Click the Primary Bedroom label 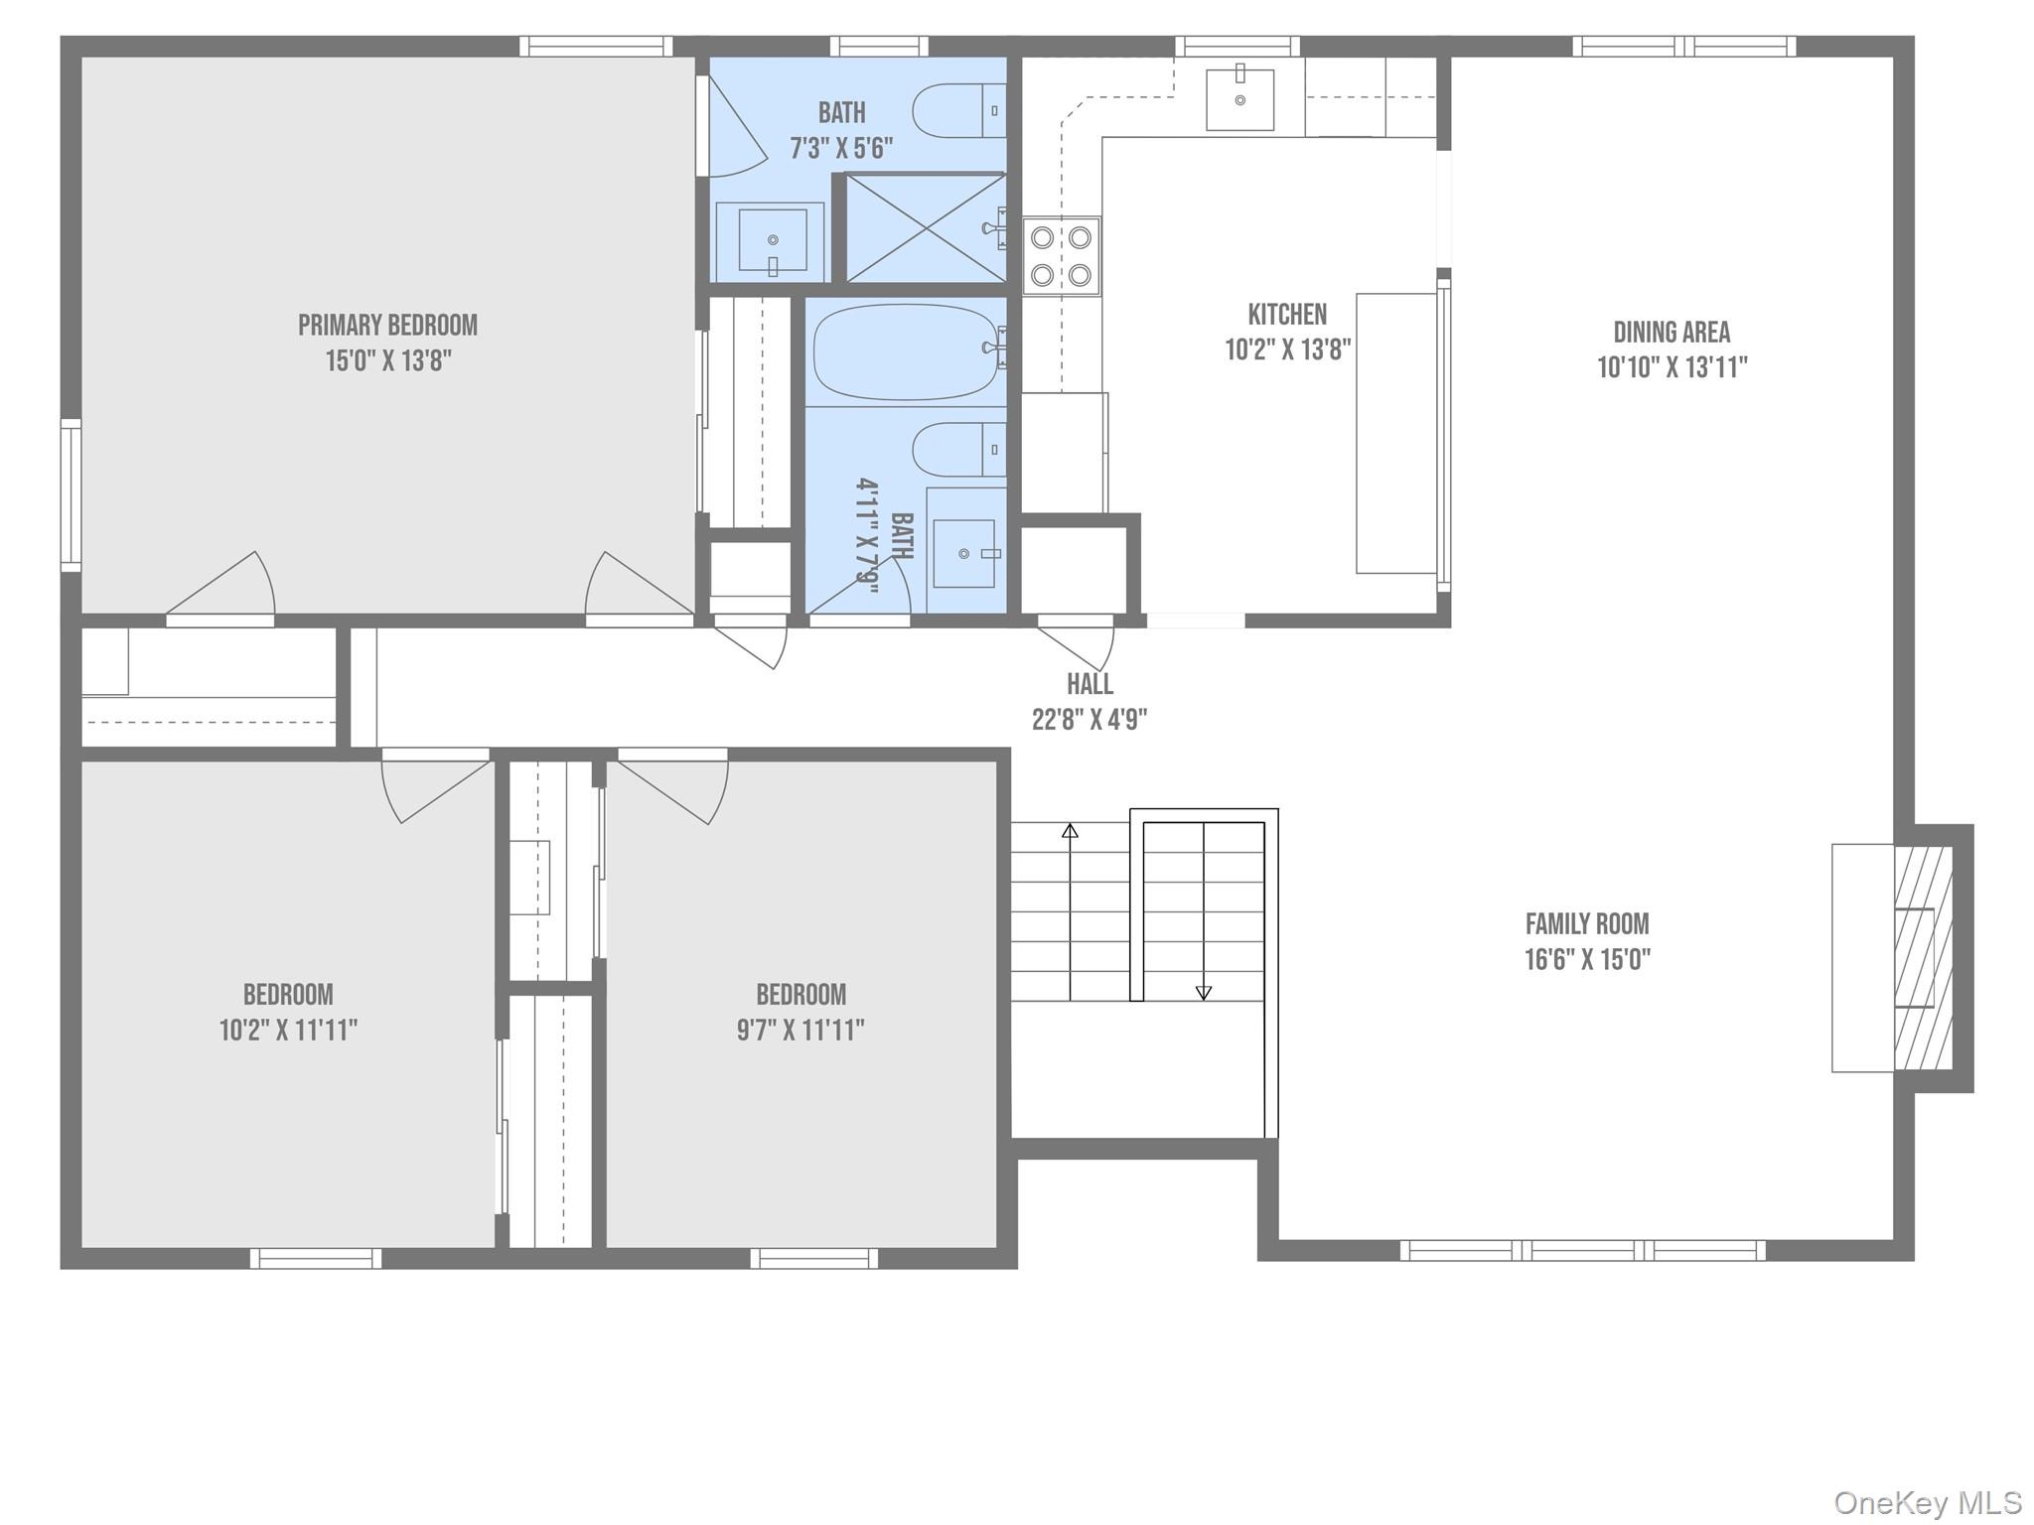(387, 325)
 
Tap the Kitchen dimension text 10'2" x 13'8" (1287, 349)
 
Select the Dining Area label (1671, 332)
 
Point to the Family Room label (1586, 924)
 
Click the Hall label (1090, 684)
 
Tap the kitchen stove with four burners (1061, 256)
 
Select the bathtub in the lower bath (906, 352)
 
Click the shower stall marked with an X (925, 228)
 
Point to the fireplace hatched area (1923, 957)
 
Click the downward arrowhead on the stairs (1204, 992)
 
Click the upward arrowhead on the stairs (1070, 830)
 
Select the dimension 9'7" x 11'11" (800, 1030)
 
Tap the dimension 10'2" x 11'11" (288, 1030)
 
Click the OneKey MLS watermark (1928, 1502)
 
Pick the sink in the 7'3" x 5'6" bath (771, 241)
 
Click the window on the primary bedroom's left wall (71, 495)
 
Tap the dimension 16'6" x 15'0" (1587, 960)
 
